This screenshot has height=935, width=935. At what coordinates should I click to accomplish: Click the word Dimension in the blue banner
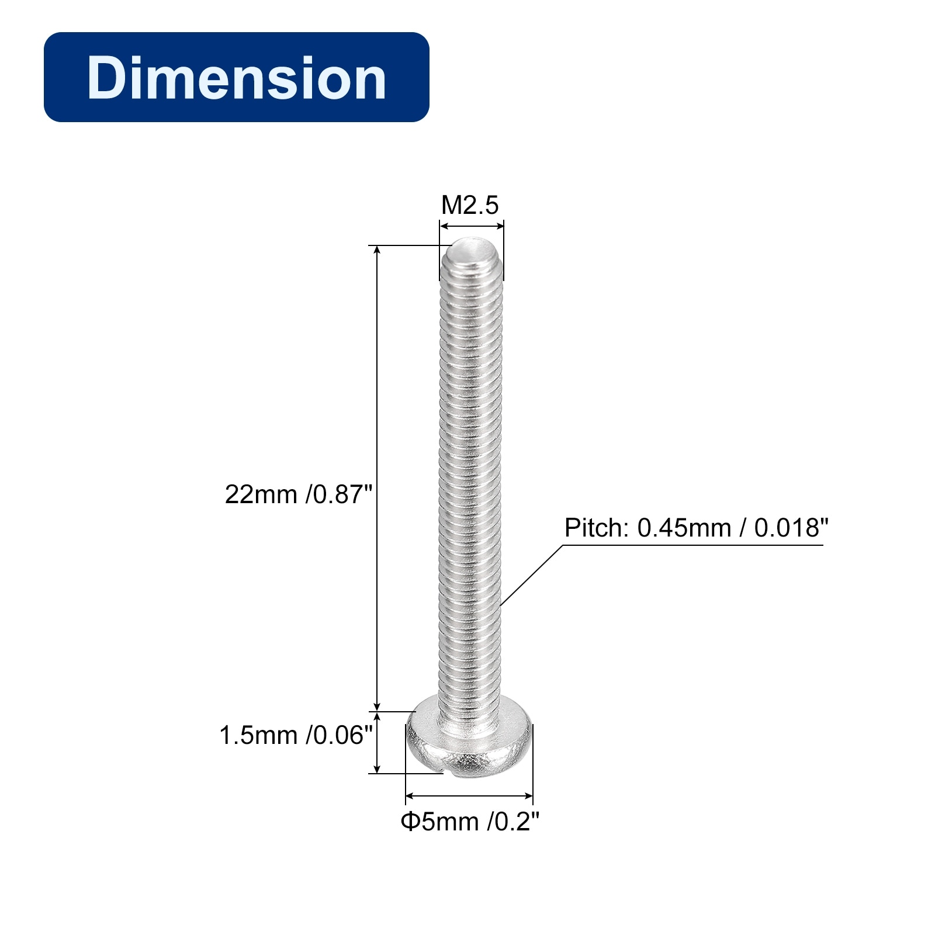coord(237,78)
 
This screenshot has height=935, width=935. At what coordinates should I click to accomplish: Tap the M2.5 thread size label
coord(470,205)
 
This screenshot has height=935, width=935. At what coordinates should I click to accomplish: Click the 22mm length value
coord(261,494)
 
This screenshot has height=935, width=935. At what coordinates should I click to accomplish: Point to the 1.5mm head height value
coord(258,735)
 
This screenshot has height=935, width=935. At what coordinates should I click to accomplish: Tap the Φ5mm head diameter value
coord(439,822)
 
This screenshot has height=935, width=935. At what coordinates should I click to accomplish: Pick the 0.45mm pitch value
coord(684,528)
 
